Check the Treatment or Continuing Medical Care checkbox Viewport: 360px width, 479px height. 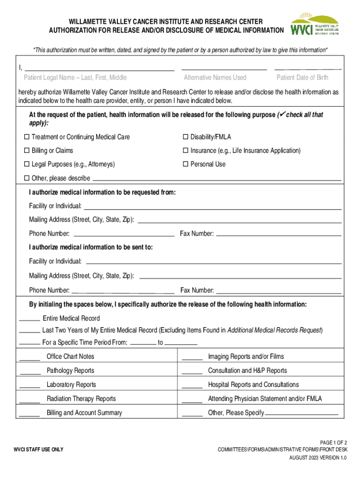tap(27, 137)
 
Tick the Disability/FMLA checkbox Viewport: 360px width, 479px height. tap(186, 137)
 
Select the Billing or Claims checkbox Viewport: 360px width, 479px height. tap(27, 151)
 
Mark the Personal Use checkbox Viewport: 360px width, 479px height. tap(186, 164)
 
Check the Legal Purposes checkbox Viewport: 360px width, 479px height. tap(27, 164)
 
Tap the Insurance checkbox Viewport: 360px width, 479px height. tap(186, 151)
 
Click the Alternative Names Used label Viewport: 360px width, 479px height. tap(215, 78)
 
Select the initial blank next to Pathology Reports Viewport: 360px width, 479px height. tap(30, 374)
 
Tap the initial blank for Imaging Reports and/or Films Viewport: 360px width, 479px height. tap(192, 360)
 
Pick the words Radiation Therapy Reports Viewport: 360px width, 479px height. tap(81, 399)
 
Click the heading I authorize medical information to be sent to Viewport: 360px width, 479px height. tap(91, 247)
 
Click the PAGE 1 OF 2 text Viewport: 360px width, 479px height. tap(333, 443)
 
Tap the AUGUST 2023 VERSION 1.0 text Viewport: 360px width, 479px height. tap(317, 458)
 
